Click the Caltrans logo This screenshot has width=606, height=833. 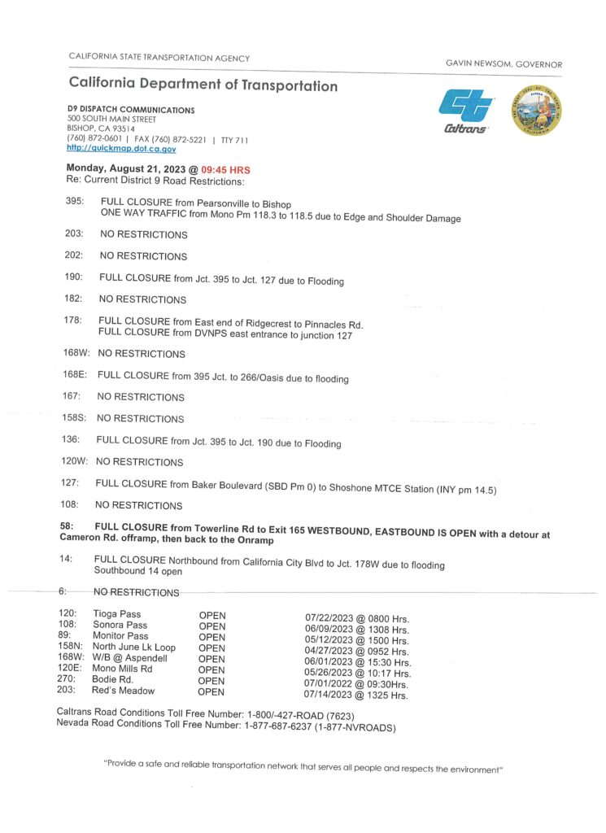(467, 111)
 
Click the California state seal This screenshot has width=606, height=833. (536, 111)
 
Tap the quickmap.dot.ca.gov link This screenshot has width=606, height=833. (121, 149)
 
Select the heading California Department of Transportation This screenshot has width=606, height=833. (203, 85)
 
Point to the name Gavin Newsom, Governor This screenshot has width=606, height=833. (504, 64)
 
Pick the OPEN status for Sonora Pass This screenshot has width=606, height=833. (212, 626)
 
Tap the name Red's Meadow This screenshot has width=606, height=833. (123, 691)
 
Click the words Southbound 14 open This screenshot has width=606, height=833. (137, 571)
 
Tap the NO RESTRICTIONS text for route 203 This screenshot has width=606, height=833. (143, 234)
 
